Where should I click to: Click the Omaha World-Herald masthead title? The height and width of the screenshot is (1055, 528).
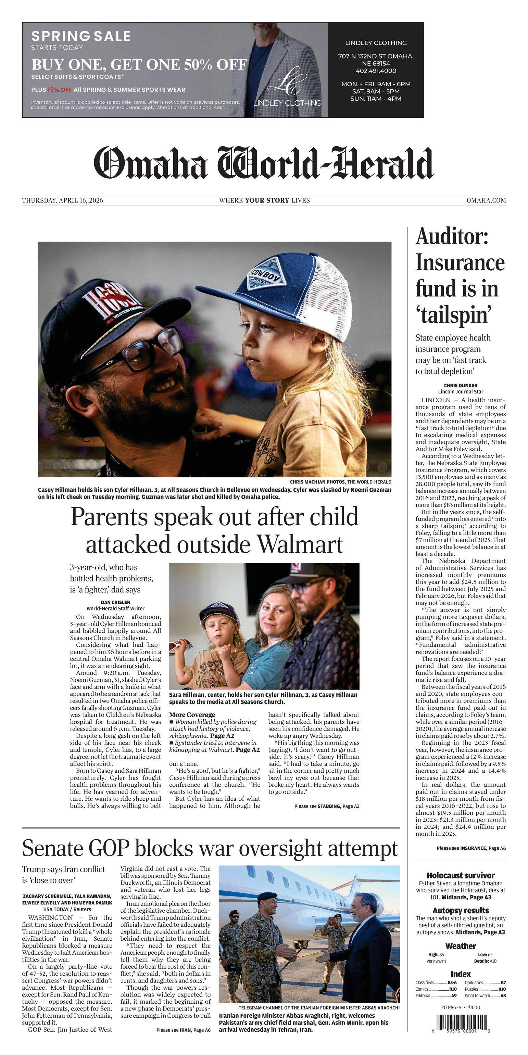click(264, 163)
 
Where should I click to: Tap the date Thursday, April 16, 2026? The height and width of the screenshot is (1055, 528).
click(62, 200)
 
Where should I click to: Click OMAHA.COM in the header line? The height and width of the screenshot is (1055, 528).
click(486, 200)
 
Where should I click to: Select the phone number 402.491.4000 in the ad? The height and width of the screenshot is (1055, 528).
click(376, 71)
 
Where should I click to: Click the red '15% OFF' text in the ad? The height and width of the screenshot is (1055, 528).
click(60, 90)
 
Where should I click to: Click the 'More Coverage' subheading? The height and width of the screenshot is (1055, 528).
click(192, 715)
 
